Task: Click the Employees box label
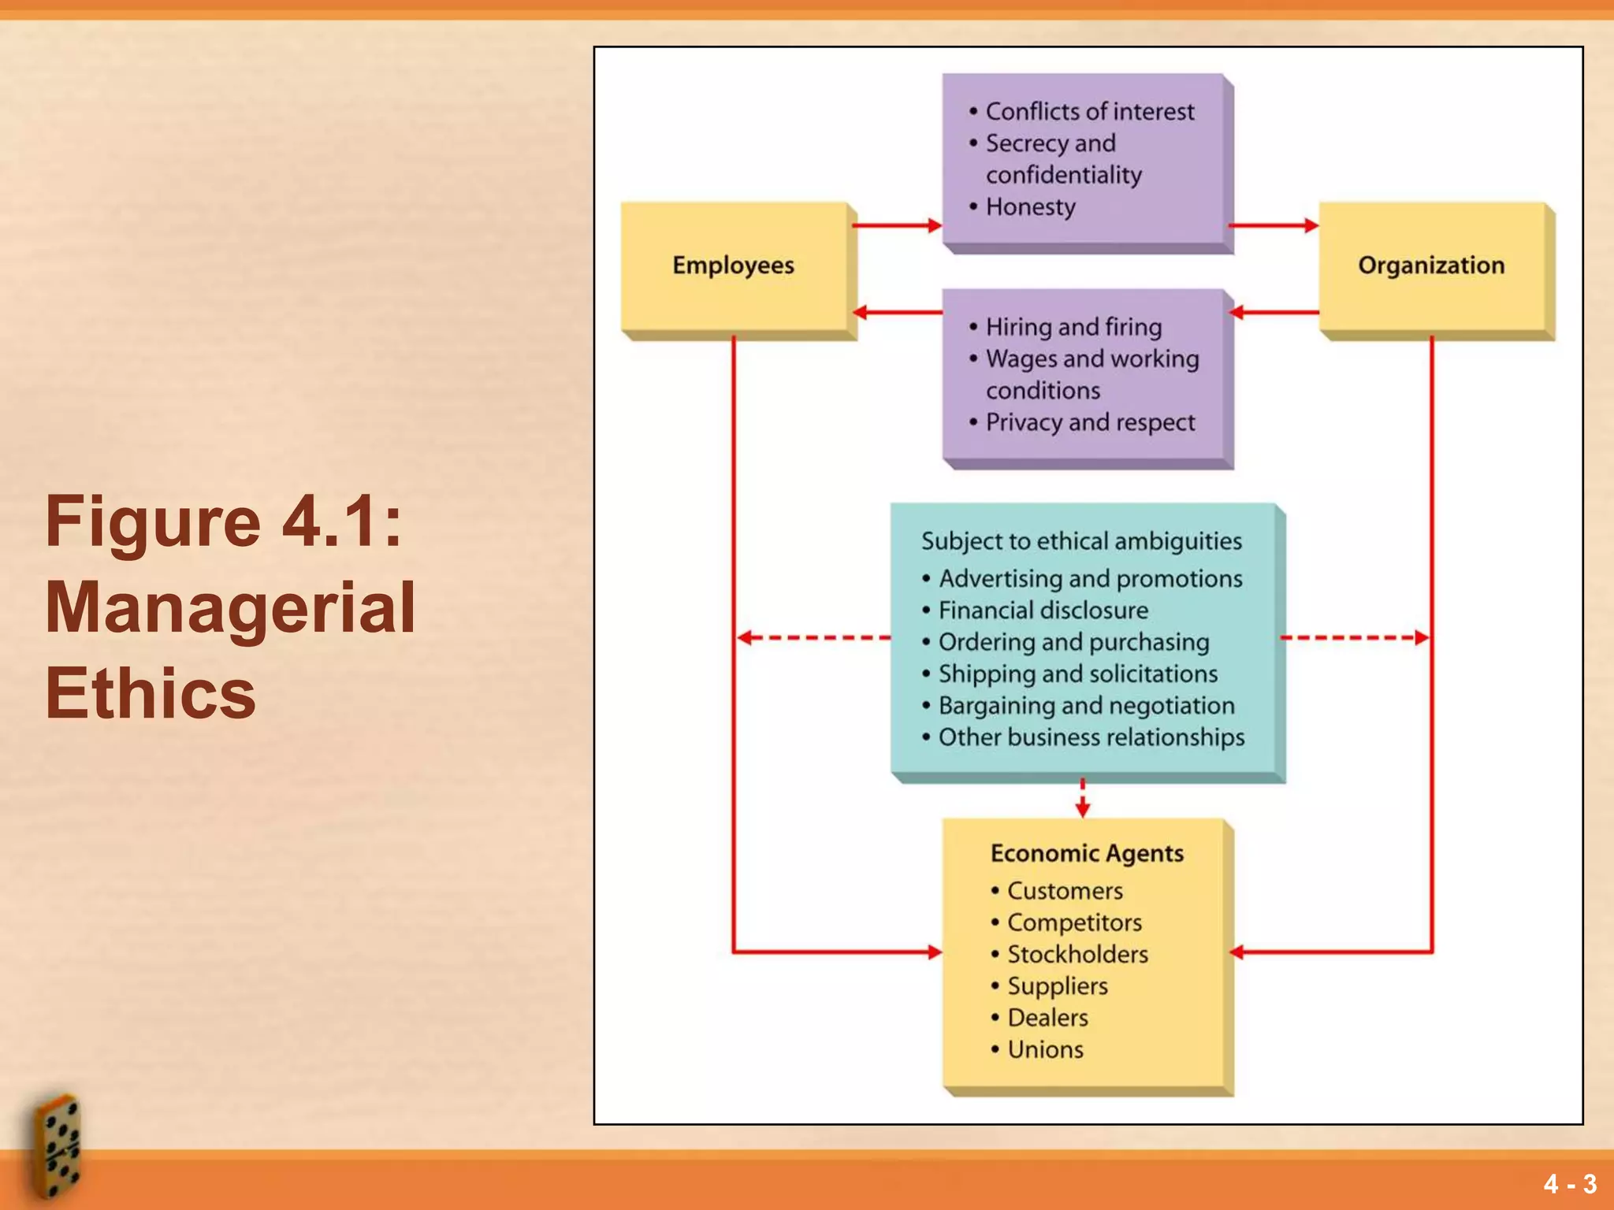733,265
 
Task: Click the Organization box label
1430,265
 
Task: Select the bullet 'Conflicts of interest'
1089,112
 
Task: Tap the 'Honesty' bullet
1030,207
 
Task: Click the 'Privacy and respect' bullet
1090,422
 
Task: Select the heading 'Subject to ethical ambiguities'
1081,541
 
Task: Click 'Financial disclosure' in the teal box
1043,611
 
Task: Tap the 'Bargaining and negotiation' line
1086,706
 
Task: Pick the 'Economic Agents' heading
1087,853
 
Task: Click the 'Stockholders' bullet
1077,955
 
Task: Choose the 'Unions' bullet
1045,1050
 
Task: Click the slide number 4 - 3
1570,1184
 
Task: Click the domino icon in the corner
57,1146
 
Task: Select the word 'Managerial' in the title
230,607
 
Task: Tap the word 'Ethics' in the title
151,694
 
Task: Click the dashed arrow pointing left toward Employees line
812,637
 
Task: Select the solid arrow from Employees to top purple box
897,226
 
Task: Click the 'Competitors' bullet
1073,923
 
